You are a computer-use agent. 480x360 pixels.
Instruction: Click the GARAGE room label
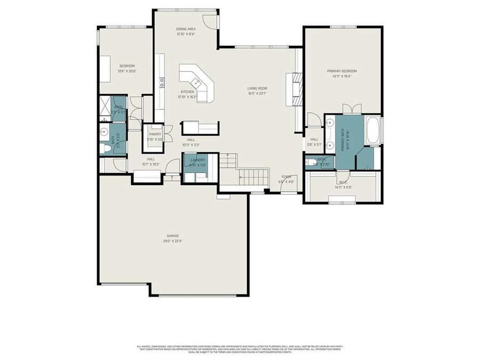tap(172, 235)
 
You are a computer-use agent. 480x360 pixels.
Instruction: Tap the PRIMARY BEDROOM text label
tap(342, 71)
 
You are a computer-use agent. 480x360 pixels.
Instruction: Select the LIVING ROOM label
tap(257, 89)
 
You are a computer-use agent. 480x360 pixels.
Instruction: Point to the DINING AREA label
tap(186, 29)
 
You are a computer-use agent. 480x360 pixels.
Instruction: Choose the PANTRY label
tap(155, 134)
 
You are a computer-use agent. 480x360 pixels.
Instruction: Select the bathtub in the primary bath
tap(373, 130)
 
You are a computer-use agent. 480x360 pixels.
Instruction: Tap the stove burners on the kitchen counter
tap(162, 82)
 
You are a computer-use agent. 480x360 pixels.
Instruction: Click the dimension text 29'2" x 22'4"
tap(172, 241)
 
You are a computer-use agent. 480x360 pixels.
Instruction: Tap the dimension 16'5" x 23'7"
tap(257, 94)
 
